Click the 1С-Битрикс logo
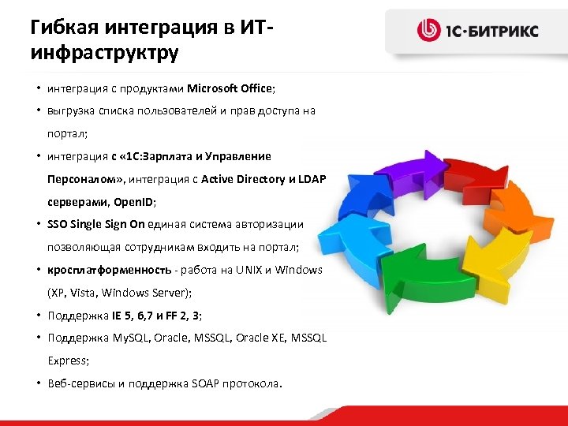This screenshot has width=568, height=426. point(477,31)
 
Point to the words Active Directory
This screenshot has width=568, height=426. point(243,179)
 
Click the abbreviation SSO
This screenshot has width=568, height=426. point(58,224)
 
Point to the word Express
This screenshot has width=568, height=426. point(67,361)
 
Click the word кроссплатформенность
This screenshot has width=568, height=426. point(100,270)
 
